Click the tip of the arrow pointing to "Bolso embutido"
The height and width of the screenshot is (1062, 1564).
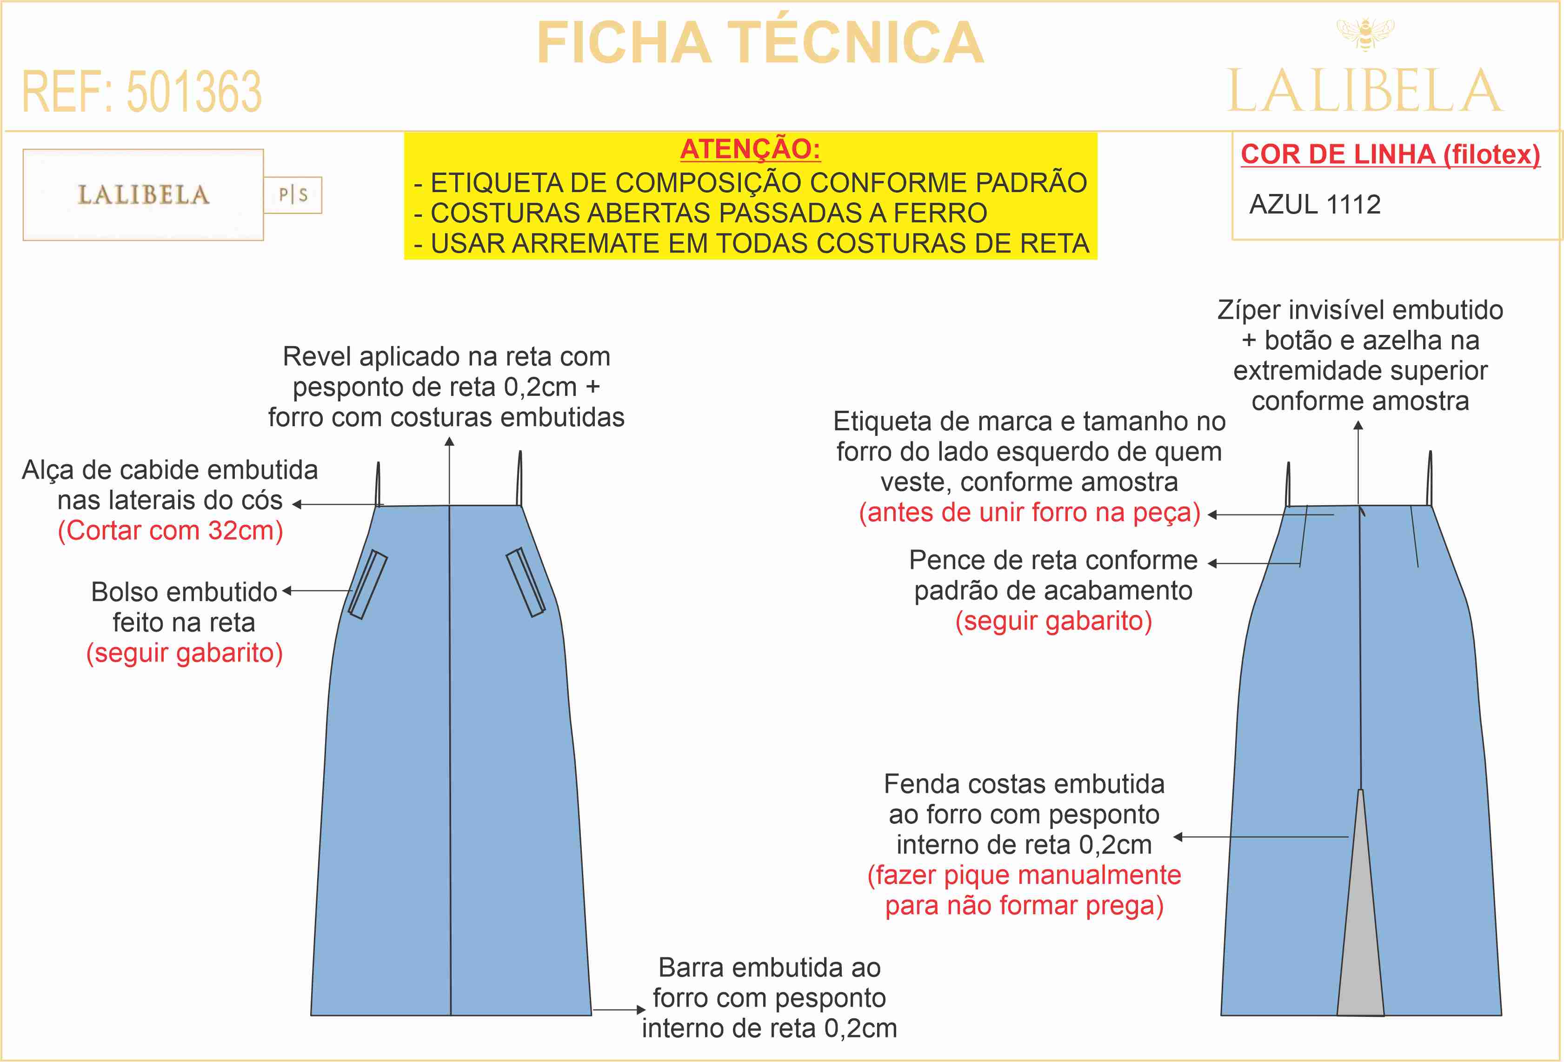(x=283, y=591)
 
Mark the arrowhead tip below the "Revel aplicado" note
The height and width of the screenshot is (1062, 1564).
(x=450, y=437)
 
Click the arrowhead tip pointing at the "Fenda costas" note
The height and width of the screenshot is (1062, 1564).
(x=1174, y=836)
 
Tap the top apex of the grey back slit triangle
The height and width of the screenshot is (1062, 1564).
(x=1360, y=789)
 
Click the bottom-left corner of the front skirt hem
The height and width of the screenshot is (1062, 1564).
(x=311, y=1015)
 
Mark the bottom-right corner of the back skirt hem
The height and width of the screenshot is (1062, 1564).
(x=1501, y=1015)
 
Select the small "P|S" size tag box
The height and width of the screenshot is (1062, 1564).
(x=293, y=195)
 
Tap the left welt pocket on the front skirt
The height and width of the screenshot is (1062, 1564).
(x=367, y=584)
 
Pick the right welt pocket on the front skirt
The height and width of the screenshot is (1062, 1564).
(x=526, y=582)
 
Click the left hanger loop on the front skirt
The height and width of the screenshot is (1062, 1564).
(x=378, y=483)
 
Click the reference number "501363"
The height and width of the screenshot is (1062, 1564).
(x=194, y=92)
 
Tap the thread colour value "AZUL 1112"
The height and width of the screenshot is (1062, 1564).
(x=1315, y=204)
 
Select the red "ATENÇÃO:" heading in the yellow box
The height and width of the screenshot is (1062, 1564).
(x=750, y=149)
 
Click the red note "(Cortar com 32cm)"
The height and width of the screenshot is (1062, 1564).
(x=170, y=530)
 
